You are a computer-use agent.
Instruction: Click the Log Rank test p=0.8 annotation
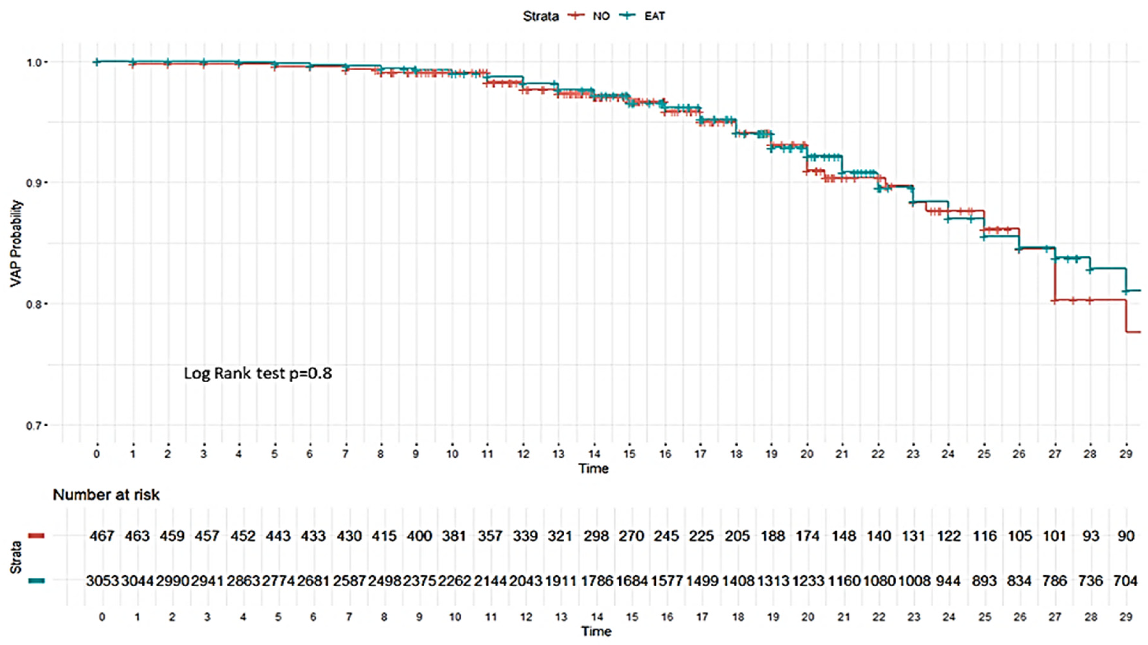[x=258, y=373]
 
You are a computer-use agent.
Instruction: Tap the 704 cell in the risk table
[x=1126, y=581]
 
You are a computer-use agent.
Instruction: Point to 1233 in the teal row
[x=808, y=581]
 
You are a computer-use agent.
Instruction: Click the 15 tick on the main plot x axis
[x=629, y=454]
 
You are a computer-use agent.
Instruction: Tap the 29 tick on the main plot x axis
[x=1126, y=454]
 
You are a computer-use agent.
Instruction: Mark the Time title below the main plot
[x=593, y=468]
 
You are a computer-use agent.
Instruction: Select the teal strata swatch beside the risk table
[x=36, y=581]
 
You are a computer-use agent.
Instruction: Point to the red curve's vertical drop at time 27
[x=1055, y=285]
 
